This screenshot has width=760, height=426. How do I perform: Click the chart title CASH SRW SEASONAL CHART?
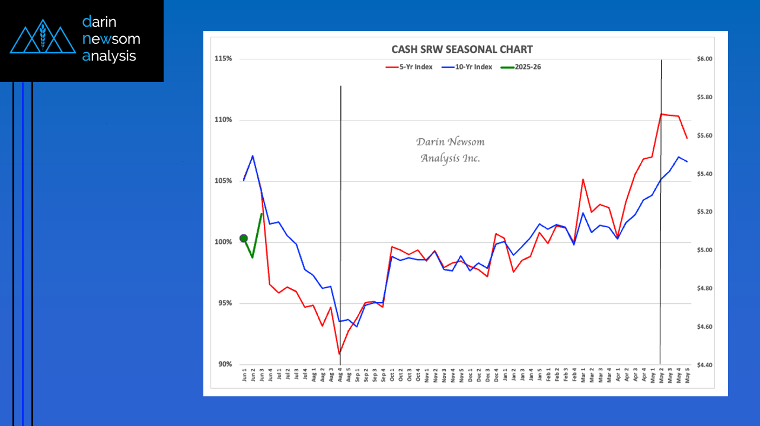click(x=462, y=50)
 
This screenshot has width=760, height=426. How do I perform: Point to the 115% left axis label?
click(x=223, y=59)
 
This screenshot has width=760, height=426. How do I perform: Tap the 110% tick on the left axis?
click(x=223, y=120)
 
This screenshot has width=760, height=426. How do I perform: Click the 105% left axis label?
click(x=223, y=181)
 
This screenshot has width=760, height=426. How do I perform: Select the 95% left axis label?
click(x=224, y=303)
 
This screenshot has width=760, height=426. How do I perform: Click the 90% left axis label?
click(x=224, y=364)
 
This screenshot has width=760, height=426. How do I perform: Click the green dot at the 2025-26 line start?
click(x=244, y=238)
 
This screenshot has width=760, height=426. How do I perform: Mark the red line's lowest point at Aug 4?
click(x=340, y=354)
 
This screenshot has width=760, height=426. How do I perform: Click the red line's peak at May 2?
click(x=661, y=114)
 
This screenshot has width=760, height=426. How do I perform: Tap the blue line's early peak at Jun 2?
click(x=253, y=156)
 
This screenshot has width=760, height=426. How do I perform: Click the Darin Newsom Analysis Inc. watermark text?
click(x=450, y=150)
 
